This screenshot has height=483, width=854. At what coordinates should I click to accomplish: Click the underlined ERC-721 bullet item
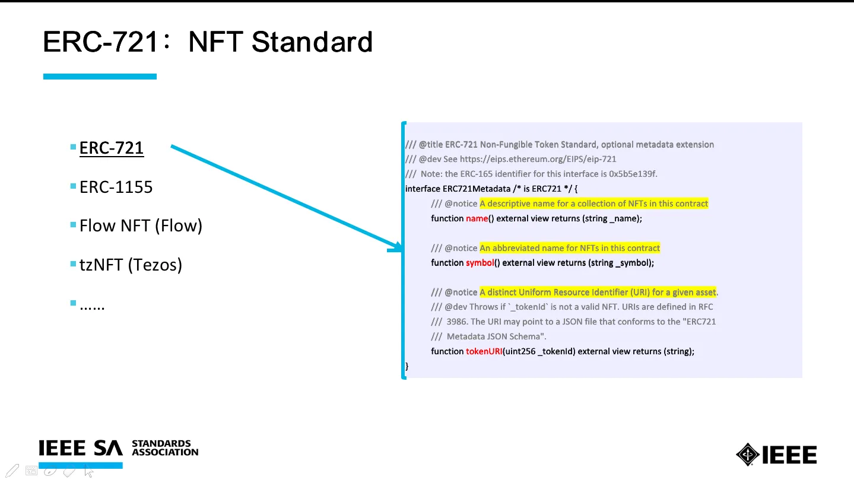click(112, 148)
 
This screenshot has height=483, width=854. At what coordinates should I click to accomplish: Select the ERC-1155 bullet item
click(116, 187)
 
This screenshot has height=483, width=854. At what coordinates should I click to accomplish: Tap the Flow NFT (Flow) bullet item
click(141, 225)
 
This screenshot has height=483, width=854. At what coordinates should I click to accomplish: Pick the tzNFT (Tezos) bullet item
click(131, 265)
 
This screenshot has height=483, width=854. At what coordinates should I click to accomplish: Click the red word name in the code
click(477, 218)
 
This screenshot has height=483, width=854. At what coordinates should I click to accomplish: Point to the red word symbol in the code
click(480, 263)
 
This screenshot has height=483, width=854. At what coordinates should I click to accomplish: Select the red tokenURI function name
click(484, 351)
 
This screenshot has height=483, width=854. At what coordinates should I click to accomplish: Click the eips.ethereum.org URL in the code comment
click(538, 159)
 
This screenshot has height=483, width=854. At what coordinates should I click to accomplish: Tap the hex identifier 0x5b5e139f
click(633, 174)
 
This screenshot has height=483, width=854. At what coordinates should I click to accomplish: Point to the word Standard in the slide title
click(312, 42)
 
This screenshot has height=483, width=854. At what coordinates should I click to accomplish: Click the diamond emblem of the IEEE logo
click(748, 455)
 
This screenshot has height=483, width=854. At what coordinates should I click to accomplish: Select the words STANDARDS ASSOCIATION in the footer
click(165, 448)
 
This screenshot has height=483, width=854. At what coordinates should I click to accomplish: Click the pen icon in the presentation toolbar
click(12, 471)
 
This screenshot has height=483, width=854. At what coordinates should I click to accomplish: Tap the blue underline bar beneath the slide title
click(100, 77)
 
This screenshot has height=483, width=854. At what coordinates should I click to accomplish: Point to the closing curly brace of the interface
click(407, 366)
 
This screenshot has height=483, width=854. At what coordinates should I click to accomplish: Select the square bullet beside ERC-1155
click(73, 186)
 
